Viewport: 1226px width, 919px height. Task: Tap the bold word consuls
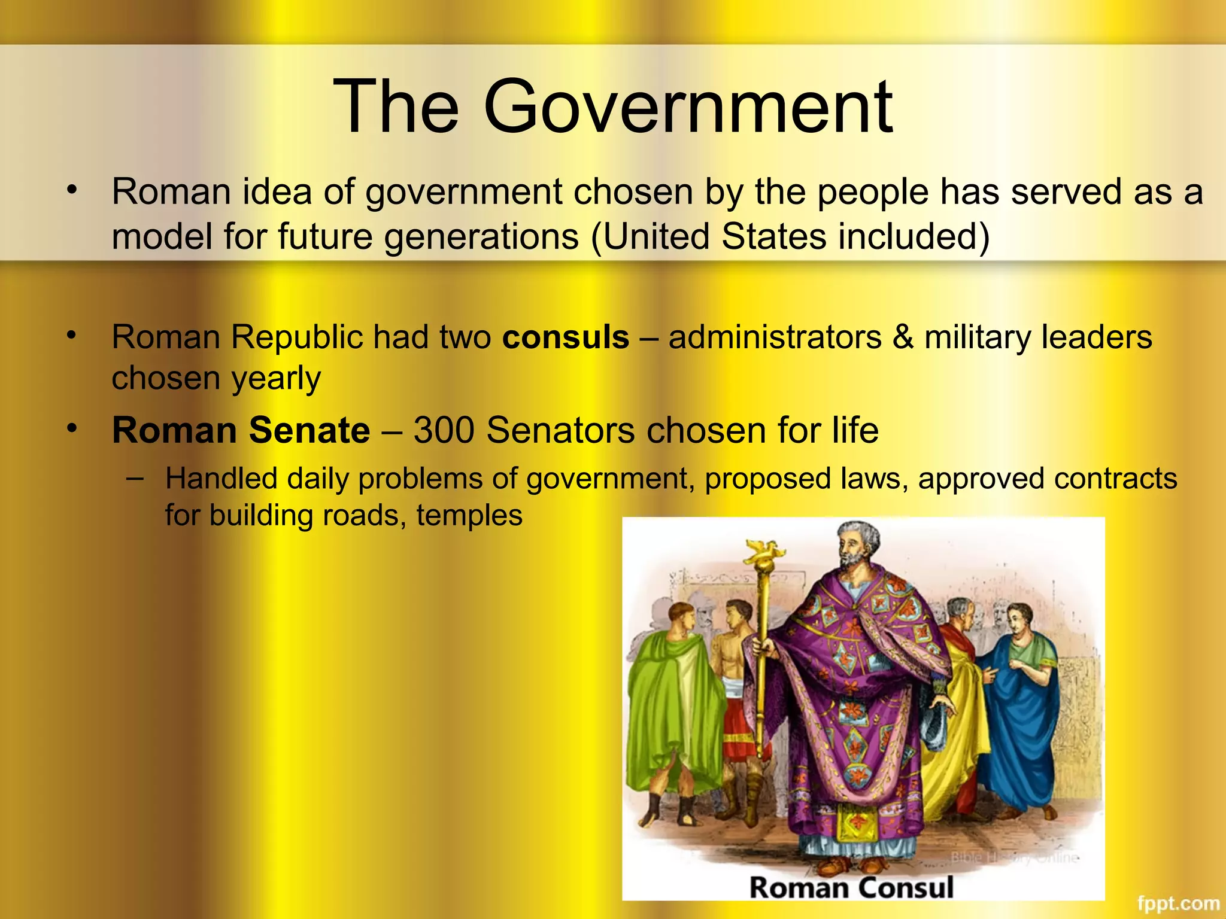pos(566,337)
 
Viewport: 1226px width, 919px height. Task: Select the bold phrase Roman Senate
pos(241,430)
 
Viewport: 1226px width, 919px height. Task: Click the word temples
pos(469,515)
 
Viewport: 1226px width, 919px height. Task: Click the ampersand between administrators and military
pos(903,337)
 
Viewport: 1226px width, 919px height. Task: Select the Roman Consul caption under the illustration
pos(851,887)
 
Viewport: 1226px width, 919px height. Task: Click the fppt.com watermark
pos(1178,903)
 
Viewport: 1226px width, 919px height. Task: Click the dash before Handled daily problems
pos(135,478)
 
